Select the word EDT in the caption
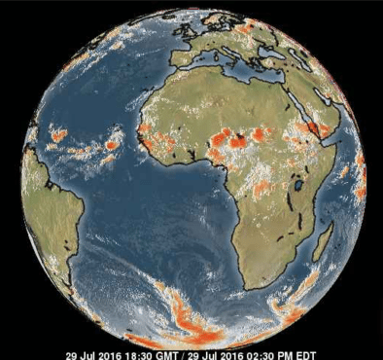[305, 355]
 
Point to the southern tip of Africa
[255, 287]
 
